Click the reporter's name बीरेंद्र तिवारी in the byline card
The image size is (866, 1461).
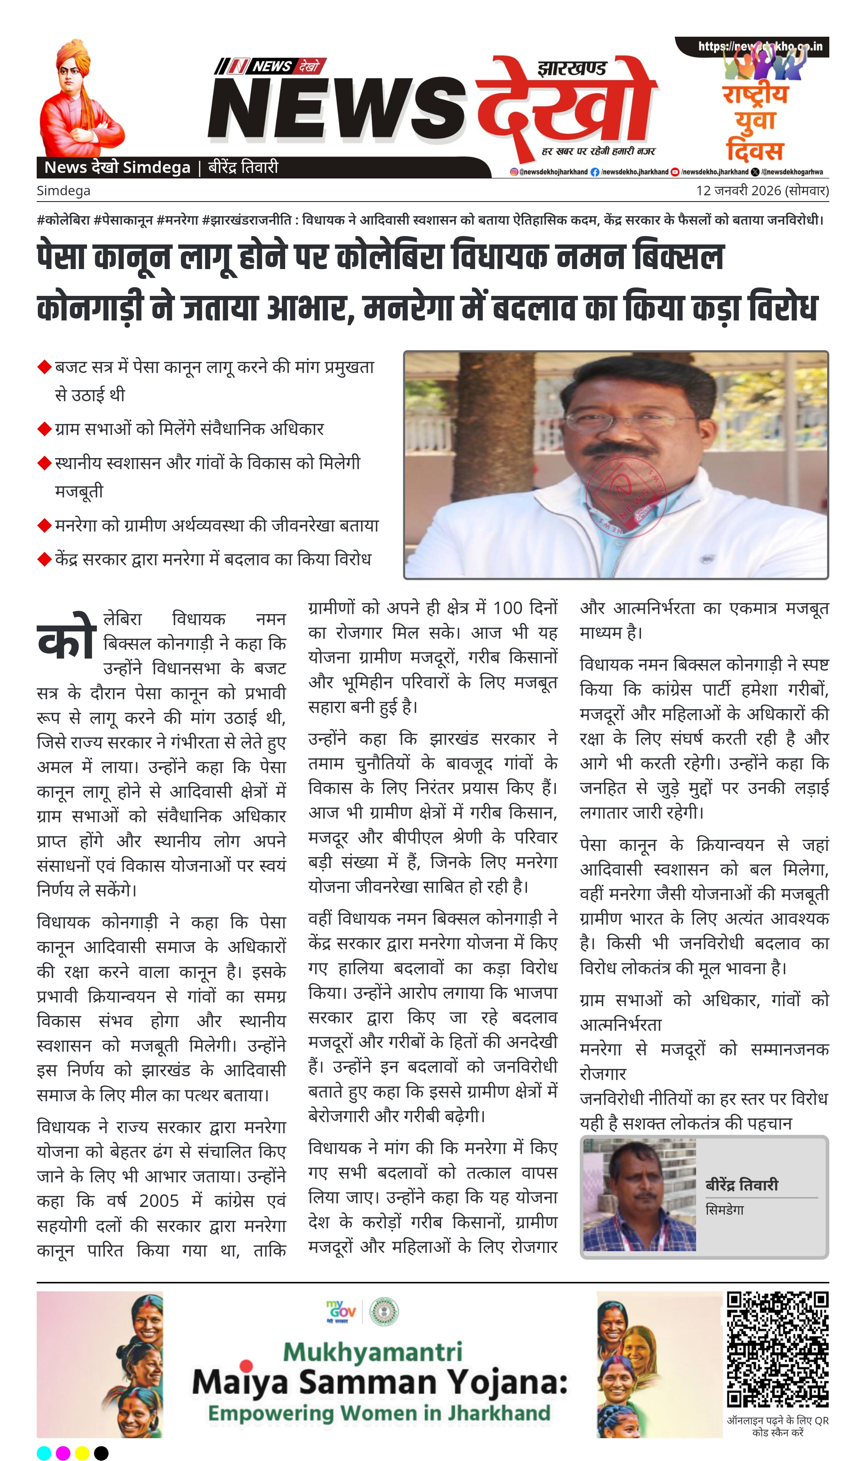coord(742,1185)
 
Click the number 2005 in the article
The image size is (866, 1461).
coord(159,1201)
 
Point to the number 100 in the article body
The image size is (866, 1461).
coord(508,608)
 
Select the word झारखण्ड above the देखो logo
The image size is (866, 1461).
coord(571,69)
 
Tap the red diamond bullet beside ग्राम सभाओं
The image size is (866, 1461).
coord(44,429)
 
